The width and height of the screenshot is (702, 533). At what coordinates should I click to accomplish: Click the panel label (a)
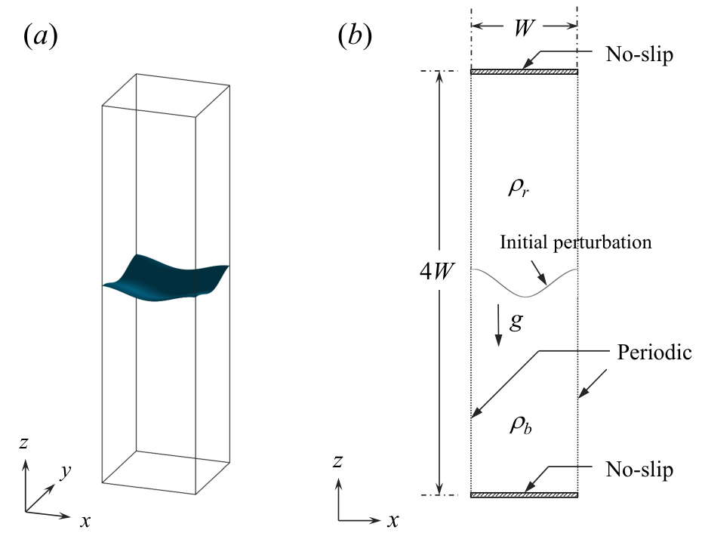click(40, 35)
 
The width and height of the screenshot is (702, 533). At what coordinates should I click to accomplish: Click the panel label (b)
click(355, 35)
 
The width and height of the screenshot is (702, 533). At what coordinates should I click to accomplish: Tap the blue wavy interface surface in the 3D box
click(165, 278)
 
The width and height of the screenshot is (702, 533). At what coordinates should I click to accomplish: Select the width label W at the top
click(523, 27)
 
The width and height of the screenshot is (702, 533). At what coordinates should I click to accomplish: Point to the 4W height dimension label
click(437, 271)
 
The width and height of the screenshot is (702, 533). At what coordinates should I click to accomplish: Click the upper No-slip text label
click(639, 54)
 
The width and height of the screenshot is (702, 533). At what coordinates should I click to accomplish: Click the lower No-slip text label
click(639, 470)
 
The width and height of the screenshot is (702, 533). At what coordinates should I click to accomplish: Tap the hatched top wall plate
click(525, 72)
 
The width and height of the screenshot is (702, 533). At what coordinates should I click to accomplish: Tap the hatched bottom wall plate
click(525, 495)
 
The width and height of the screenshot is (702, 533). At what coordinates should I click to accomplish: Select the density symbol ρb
click(521, 424)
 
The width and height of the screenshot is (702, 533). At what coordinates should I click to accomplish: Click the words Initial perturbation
click(576, 242)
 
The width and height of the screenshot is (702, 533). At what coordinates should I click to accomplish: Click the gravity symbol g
click(516, 321)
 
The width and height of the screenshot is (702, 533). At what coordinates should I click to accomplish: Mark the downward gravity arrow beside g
click(498, 325)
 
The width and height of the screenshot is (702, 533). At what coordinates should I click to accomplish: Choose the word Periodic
click(654, 352)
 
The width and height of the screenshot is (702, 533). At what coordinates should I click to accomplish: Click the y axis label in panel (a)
click(66, 472)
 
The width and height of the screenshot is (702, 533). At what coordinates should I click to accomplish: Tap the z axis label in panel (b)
click(337, 461)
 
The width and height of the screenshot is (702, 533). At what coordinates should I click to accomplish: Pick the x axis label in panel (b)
click(393, 520)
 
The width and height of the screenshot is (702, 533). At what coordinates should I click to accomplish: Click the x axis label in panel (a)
click(85, 521)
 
